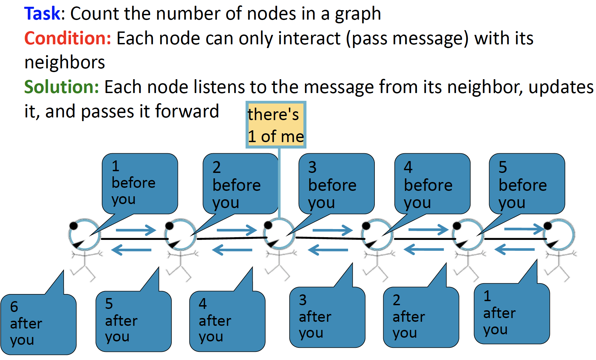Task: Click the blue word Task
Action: [42, 14]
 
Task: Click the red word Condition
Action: [67, 38]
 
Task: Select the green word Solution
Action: [61, 87]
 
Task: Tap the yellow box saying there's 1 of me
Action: [276, 125]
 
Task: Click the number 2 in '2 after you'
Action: [396, 300]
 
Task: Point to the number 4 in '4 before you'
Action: [408, 167]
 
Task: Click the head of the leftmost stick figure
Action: [84, 234]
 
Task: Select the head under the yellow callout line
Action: [279, 233]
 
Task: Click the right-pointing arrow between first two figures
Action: [135, 230]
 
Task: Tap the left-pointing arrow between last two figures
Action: [514, 250]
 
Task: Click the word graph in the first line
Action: [358, 14]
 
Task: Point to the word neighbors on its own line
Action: [65, 63]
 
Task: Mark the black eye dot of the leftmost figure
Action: [73, 225]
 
